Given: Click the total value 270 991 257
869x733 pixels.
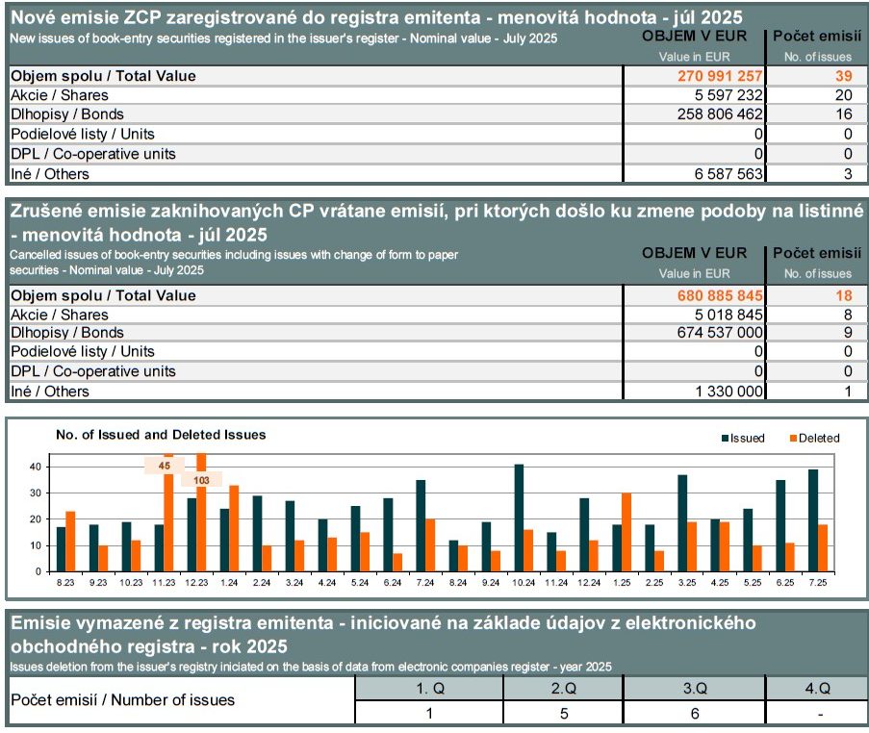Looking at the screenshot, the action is [x=720, y=76].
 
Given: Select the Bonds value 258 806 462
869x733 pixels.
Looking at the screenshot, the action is [x=720, y=114].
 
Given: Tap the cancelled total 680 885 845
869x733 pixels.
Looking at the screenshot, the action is [x=720, y=295].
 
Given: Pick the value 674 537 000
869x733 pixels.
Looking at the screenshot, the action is [x=720, y=333].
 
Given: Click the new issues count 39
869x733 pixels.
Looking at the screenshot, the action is [x=844, y=76].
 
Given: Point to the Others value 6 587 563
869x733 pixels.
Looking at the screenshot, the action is [x=728, y=174].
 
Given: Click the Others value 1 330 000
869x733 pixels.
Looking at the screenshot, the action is [x=728, y=392].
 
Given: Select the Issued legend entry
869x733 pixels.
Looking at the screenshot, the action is [x=743, y=439].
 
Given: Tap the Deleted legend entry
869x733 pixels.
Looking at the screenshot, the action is [x=815, y=439].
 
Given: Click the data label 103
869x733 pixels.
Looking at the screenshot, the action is [x=202, y=480].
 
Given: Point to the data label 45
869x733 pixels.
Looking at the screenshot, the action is [x=164, y=466].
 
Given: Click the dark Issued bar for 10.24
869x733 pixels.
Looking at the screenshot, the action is [x=519, y=518].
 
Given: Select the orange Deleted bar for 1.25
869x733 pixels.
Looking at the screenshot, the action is [x=626, y=533].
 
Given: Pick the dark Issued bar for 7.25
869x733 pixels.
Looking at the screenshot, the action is [x=813, y=520].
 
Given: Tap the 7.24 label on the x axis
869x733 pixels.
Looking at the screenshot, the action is [x=425, y=582].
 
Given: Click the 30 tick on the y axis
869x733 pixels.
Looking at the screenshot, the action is [x=36, y=493].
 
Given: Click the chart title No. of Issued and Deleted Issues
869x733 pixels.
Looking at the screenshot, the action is [x=161, y=435].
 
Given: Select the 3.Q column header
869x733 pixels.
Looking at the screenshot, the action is [x=695, y=688].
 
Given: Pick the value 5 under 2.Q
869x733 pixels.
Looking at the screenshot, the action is [x=564, y=713].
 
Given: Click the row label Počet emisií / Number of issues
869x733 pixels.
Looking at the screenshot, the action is [x=122, y=699].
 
